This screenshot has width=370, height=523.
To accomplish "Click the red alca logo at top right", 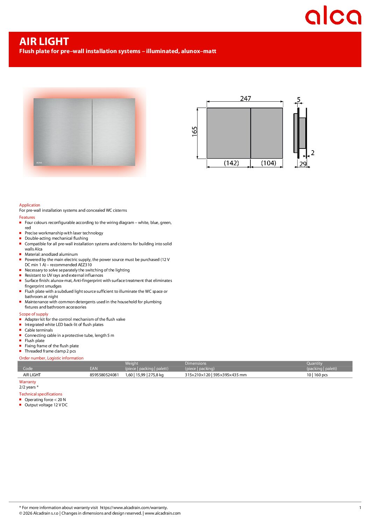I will pyautogui.click(x=333, y=16).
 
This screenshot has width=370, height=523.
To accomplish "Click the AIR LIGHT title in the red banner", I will pyautogui.click(x=44, y=42).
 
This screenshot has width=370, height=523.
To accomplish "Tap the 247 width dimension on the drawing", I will pyautogui.click(x=246, y=99).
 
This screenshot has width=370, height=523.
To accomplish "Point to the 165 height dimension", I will pyautogui.click(x=195, y=131).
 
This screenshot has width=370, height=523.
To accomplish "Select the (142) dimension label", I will pyautogui.click(x=231, y=163).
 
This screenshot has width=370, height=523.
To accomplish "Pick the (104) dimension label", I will pyautogui.click(x=269, y=163).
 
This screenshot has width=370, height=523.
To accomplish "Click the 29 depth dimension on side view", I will pyautogui.click(x=303, y=164).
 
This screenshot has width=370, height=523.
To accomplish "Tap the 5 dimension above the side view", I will pyautogui.click(x=299, y=100).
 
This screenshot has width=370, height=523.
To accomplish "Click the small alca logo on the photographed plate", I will pyautogui.click(x=39, y=163).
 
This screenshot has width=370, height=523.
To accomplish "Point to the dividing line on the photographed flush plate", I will pyautogui.click(x=92, y=132).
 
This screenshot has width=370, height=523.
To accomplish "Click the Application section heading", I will pyautogui.click(x=30, y=205).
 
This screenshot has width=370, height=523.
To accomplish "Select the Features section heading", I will pyautogui.click(x=27, y=217).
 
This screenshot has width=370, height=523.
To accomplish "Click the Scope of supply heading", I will pyautogui.click(x=34, y=314).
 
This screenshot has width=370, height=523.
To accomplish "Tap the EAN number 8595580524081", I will pyautogui.click(x=104, y=375).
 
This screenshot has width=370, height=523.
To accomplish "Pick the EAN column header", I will pyautogui.click(x=94, y=369).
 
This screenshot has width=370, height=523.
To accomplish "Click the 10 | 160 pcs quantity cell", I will pyautogui.click(x=317, y=375).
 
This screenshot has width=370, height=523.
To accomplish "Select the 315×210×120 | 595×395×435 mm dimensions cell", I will pyautogui.click(x=216, y=375).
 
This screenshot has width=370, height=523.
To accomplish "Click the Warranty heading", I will pyautogui.click(x=28, y=382).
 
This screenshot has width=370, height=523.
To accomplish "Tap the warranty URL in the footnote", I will pyautogui.click(x=134, y=508).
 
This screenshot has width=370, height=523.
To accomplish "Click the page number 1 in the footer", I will pyautogui.click(x=360, y=508).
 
